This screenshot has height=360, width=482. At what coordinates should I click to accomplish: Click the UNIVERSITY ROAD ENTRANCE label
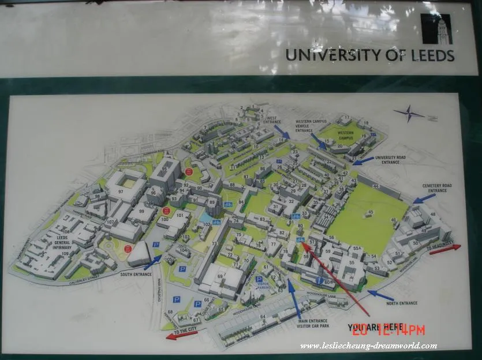[x=391, y=159]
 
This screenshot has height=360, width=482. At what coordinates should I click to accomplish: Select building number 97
[x=121, y=191]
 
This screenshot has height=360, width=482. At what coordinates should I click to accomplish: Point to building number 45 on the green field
[x=370, y=212]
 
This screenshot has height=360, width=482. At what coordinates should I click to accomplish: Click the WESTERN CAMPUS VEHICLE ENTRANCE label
[x=311, y=126]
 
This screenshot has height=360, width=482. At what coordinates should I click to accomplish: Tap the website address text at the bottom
[x=368, y=346]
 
